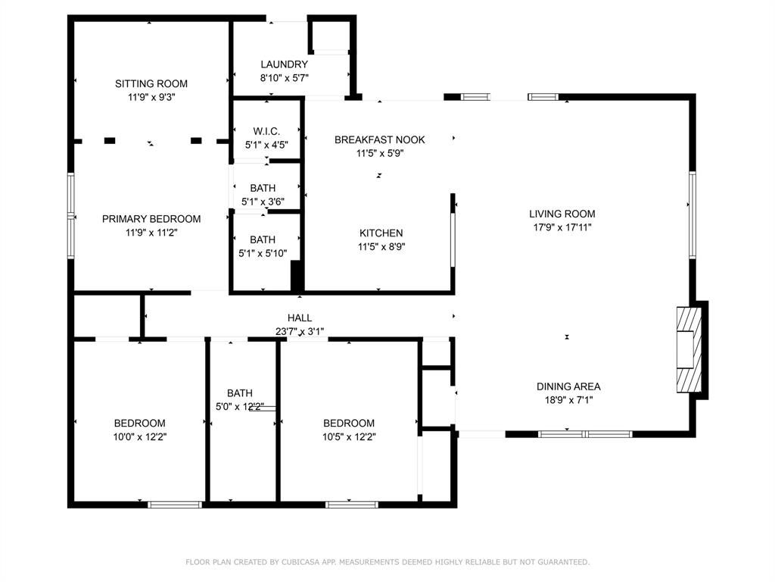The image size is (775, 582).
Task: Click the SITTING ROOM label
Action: pos(151,83)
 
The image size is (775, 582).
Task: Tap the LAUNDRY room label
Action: pos(285,64)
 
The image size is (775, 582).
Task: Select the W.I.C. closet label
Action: pos(266,131)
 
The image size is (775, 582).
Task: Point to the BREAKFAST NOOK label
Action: pos(380,139)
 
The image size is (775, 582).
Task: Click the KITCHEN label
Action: pos(381,233)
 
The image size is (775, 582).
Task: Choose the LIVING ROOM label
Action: pos(562,214)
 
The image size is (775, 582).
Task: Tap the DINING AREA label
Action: pos(568,386)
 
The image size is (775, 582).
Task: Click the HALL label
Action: pos(300,318)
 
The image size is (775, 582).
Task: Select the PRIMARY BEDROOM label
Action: pos(151,219)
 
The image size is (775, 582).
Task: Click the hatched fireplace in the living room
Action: pos(689,350)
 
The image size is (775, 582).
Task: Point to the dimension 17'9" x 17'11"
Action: pos(562,227)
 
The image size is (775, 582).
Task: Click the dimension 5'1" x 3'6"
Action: pos(263,202)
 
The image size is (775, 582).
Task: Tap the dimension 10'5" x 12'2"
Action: pos(349,437)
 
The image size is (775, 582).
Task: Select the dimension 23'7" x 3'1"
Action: pos(300,332)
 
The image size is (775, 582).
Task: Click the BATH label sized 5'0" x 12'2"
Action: pos(240,393)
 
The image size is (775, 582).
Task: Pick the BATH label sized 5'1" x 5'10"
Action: pos(263,239)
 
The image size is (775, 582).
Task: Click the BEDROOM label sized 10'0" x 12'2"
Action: pos(139,423)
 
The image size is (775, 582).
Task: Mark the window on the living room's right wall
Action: pos(693,214)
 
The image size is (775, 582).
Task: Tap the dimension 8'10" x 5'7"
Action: pos(285,78)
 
